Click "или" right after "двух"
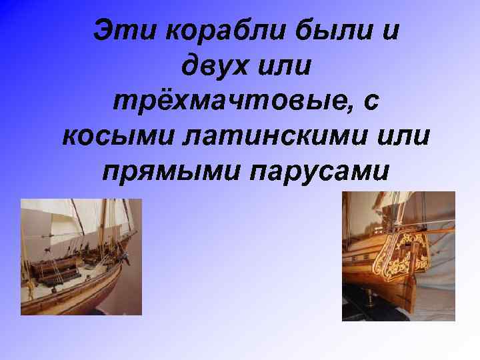click(287, 67)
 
